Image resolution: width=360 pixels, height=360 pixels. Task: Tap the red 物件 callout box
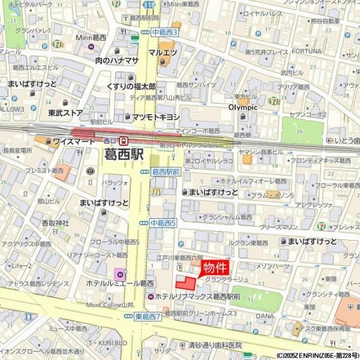214,268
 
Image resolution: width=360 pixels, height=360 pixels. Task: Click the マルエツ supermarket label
163,53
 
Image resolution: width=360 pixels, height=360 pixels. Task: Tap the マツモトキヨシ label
156,116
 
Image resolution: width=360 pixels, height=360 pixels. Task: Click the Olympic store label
242,107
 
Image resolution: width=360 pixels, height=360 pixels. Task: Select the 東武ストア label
65,112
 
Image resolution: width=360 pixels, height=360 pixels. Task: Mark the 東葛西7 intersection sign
148,316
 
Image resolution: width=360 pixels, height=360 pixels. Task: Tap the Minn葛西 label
91,37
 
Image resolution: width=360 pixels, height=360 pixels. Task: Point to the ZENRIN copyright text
317,355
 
